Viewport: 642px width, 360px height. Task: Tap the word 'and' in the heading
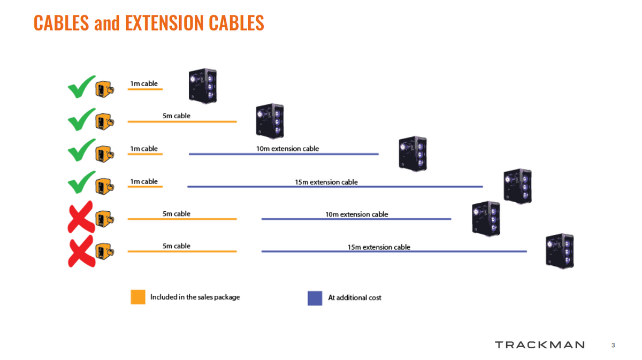[107, 23]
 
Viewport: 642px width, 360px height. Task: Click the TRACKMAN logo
[540, 345]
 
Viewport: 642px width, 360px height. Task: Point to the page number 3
[613, 346]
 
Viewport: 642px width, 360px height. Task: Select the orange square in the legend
[138, 297]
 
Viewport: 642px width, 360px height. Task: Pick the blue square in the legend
[315, 298]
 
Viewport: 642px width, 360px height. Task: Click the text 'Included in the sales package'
[195, 297]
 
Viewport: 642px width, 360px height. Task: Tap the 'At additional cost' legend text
[355, 297]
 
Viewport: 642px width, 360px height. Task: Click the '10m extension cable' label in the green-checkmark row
[287, 148]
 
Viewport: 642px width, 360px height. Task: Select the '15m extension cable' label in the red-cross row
[379, 247]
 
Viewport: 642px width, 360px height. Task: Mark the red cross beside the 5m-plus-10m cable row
[80, 217]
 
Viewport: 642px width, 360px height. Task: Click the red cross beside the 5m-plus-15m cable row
[80, 250]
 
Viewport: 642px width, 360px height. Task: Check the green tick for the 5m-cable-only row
[81, 120]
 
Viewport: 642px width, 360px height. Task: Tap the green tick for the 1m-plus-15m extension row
[81, 184]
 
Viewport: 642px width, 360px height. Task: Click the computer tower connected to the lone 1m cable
[203, 86]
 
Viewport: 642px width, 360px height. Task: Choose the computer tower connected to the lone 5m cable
[270, 121]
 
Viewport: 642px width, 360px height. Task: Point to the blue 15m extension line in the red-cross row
[394, 251]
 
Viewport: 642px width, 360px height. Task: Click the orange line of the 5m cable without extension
[182, 122]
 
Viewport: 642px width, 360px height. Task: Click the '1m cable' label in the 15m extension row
[144, 181]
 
